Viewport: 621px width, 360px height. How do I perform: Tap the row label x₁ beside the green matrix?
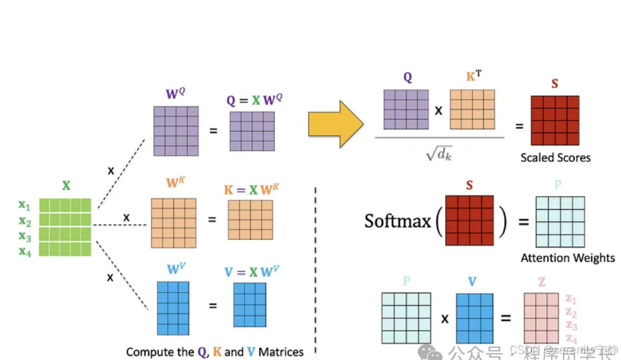[25, 206]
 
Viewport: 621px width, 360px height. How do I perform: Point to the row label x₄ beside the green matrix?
[25, 251]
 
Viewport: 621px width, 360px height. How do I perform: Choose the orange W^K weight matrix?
[173, 223]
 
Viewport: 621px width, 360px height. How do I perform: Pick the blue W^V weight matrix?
[173, 307]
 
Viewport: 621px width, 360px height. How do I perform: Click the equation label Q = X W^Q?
[254, 101]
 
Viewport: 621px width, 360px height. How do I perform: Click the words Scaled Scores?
[555, 158]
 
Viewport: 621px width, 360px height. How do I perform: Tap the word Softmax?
[397, 221]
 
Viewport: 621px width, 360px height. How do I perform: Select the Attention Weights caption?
[568, 258]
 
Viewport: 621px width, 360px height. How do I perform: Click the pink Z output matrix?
[541, 317]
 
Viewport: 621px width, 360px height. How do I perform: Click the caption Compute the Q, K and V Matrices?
[215, 351]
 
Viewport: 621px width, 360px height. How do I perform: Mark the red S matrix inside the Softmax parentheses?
[469, 221]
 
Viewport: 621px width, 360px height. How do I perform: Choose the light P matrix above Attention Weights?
[560, 221]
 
